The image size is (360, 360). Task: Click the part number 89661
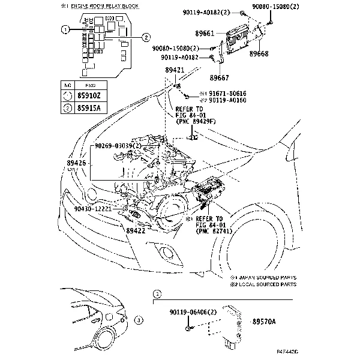coord(221,34)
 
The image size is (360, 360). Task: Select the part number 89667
coord(219,77)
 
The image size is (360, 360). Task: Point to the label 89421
coord(175,70)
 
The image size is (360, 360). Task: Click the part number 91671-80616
coord(227,94)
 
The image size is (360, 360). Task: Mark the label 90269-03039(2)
coord(121,146)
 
